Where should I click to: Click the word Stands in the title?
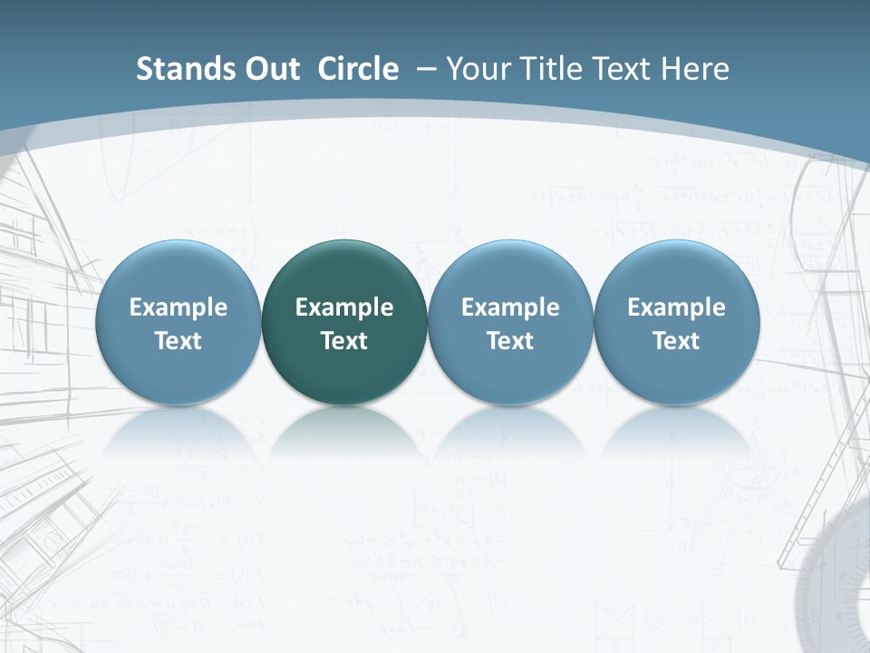[x=174, y=69]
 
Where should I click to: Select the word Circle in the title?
[x=358, y=69]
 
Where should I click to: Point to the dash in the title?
[x=426, y=69]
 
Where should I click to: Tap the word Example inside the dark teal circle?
[x=344, y=307]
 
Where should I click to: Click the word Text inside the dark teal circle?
[x=344, y=341]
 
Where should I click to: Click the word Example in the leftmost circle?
[x=178, y=307]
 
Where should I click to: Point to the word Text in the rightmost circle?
[x=676, y=341]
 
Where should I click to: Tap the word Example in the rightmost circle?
[x=676, y=307]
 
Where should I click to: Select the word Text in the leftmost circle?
[x=178, y=341]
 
